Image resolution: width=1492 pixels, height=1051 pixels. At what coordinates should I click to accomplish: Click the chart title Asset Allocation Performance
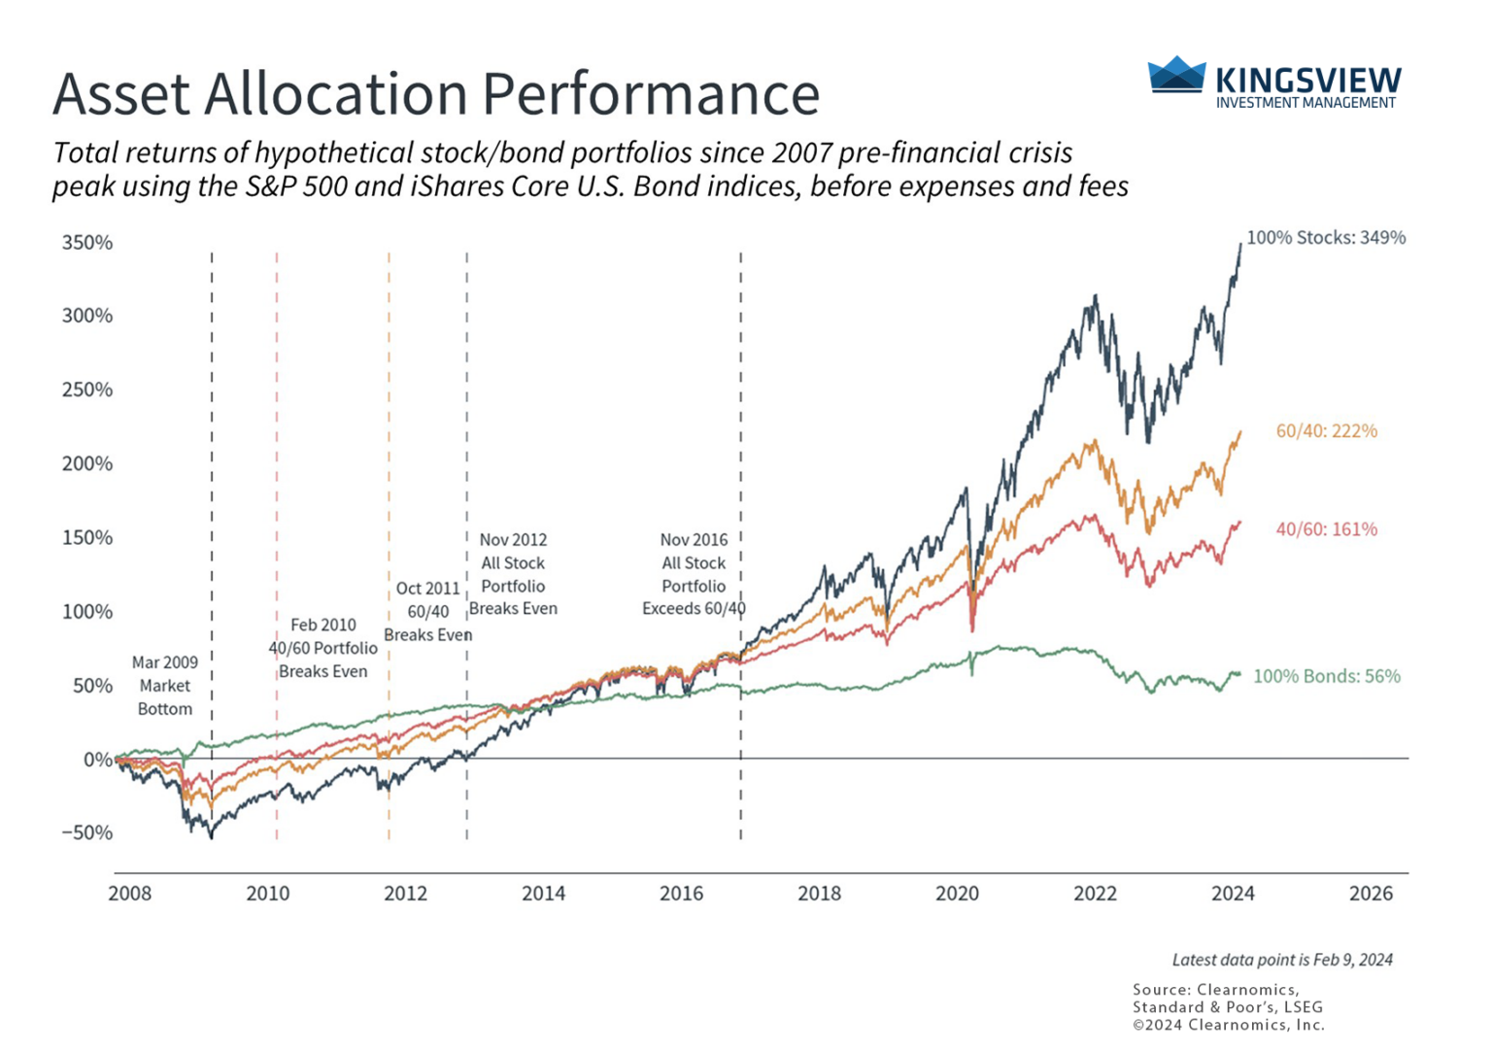pos(435,94)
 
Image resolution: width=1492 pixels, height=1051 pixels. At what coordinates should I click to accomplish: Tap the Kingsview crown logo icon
pos(1176,76)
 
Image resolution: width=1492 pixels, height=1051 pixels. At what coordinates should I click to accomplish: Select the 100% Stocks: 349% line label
pos(1325,237)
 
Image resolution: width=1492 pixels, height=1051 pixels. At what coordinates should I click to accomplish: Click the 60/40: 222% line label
pos(1326,430)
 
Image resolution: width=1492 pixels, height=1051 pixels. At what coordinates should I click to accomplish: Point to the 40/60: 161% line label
pos(1326,529)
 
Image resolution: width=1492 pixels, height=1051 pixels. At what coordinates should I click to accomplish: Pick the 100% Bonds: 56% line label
pos(1326,676)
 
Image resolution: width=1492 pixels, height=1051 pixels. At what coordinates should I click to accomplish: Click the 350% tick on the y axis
pos(87,243)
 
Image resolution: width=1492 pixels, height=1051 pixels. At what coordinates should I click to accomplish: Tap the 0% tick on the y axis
pos(97,760)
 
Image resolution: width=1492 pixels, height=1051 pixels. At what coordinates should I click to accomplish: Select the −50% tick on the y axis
pos(87,832)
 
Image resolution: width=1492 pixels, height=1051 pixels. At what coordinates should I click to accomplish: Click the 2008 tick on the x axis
pos(129,894)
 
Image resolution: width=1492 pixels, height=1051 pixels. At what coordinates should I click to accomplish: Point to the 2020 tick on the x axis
pos(957,894)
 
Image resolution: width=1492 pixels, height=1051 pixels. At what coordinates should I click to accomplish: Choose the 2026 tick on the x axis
pos(1371,894)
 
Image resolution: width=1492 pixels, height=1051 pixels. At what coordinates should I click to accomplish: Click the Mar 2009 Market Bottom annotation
pos(164,686)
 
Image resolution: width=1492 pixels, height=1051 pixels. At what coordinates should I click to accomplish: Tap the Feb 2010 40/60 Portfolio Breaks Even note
pos(322,648)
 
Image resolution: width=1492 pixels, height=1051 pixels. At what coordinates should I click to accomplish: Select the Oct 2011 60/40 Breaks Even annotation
pos(427,612)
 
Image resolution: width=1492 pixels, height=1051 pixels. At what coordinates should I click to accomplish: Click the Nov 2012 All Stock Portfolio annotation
pos(513,574)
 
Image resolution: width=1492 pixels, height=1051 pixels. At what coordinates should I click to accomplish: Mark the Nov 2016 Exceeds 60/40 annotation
pos(693,574)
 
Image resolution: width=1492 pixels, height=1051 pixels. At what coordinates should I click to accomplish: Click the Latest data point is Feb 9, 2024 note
pos(1282,960)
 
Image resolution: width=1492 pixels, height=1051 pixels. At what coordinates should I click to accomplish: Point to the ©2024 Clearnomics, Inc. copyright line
pos(1228,1025)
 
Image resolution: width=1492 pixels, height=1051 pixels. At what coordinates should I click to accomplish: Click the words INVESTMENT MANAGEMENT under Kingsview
pos(1305,103)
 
